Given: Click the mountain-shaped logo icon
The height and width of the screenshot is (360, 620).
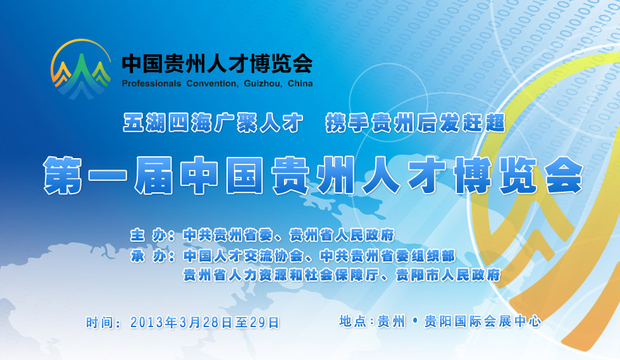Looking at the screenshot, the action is coord(81,68).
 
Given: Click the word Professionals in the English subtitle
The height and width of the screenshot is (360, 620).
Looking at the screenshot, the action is coord(151,84).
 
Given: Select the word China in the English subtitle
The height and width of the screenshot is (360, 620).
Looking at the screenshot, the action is coord(300,84).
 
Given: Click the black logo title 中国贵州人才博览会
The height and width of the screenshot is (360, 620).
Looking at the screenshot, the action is coord(217,63).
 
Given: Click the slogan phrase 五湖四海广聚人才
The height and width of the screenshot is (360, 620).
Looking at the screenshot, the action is coord(213,123).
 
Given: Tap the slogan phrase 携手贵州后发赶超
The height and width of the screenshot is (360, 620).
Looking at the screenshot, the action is coord(416,123).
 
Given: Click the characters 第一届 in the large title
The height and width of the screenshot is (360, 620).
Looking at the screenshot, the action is coord(108,175).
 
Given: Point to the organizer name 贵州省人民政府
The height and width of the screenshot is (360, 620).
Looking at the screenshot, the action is coord(342,235).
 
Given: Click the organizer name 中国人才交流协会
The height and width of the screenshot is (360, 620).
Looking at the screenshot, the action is coord(244,256).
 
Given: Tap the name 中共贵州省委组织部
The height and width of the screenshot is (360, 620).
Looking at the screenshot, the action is coord(387,256).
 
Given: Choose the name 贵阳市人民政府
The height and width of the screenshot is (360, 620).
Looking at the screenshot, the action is coord(448,275).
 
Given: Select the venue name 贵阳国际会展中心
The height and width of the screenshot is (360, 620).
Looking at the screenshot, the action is coord(482,321).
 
